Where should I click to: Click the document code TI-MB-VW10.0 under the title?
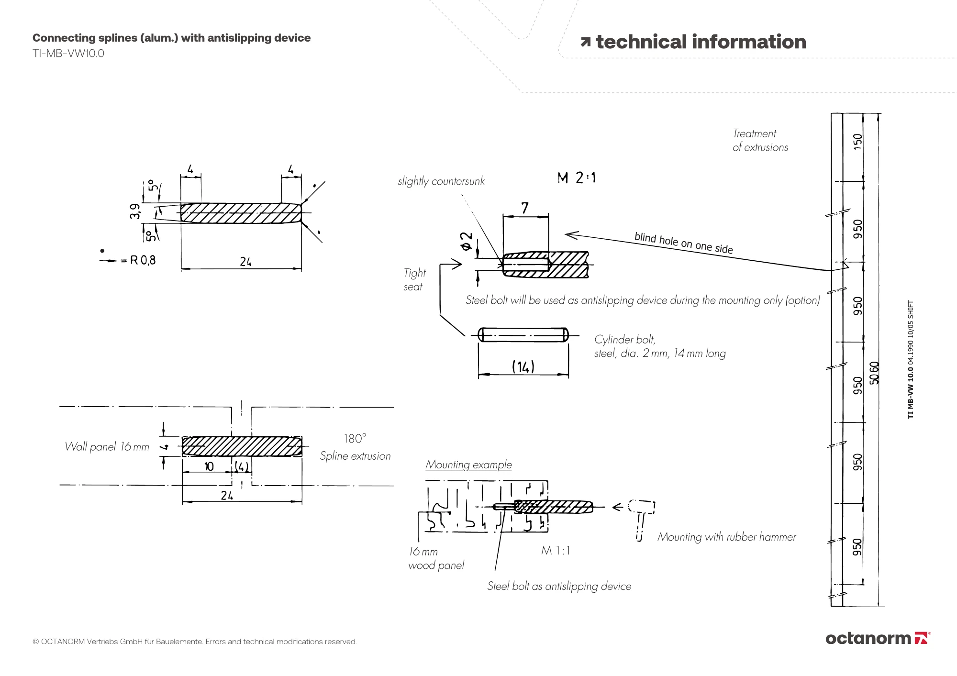(68, 54)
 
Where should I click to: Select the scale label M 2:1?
(577, 178)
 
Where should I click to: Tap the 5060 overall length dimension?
(874, 373)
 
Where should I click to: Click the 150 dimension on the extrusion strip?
(857, 142)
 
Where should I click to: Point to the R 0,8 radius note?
(143, 260)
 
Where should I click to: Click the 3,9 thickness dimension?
(135, 211)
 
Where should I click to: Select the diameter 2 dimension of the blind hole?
(467, 241)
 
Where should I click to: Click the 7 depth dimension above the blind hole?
(525, 208)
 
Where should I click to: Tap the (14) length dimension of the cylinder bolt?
(523, 367)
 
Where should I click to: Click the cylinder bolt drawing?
(523, 335)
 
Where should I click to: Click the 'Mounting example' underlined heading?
(468, 465)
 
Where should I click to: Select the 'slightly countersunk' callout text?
(441, 181)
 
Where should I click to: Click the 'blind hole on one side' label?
(683, 243)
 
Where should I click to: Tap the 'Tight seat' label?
(414, 279)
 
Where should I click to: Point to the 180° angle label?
(355, 439)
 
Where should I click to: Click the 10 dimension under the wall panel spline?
(209, 466)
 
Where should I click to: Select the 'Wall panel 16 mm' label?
(107, 447)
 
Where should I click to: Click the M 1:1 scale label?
(556, 551)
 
